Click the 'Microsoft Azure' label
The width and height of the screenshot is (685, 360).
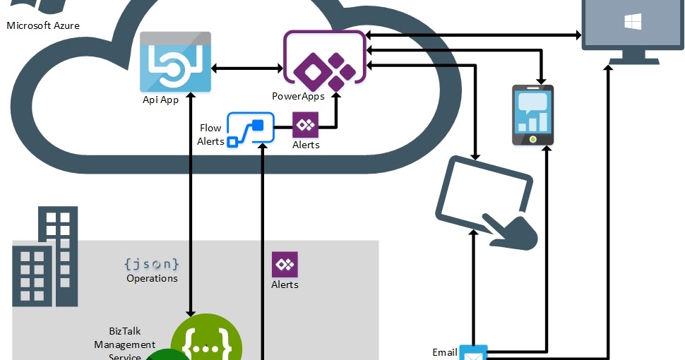coord(43,26)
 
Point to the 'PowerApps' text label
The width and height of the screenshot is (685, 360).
coord(298,96)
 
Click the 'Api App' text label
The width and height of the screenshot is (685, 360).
coord(160,100)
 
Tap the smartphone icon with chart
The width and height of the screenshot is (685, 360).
coord(532,115)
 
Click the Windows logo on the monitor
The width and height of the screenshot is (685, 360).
coord(632,22)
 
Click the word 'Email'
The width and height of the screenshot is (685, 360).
coord(444,352)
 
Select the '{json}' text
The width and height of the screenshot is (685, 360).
coord(151,264)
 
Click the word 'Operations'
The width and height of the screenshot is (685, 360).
coord(152,278)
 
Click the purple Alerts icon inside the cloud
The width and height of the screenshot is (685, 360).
coord(306,125)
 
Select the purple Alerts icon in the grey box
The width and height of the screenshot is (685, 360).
coord(285,265)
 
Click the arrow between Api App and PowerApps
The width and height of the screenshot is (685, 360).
coord(247,68)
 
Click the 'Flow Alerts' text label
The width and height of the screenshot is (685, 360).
coord(210,135)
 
